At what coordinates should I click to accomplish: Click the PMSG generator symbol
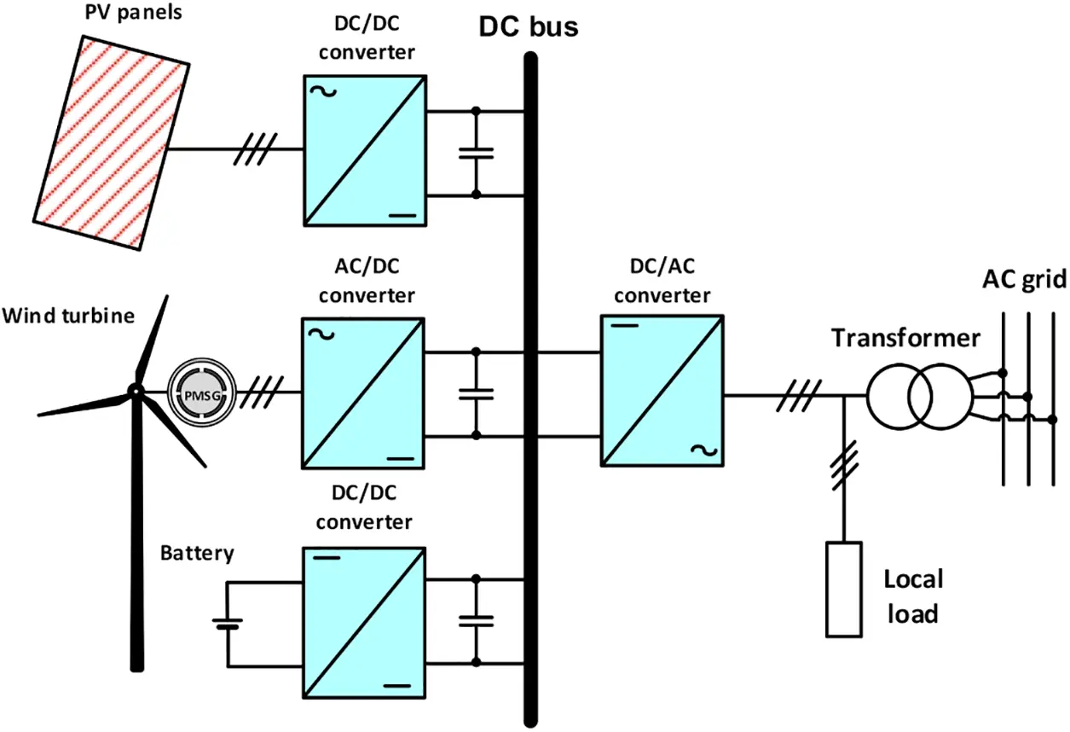click(197, 392)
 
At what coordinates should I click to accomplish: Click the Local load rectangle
click(844, 589)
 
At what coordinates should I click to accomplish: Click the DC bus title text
click(529, 26)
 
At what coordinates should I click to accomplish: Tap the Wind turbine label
click(68, 316)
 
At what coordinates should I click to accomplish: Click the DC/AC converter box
click(662, 391)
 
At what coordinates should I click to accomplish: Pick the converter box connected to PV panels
click(364, 150)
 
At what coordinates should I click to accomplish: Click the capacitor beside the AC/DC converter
click(477, 393)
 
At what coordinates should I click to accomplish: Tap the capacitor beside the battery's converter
click(477, 621)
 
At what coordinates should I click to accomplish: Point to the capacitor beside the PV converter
click(477, 154)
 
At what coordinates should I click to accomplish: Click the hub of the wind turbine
click(134, 391)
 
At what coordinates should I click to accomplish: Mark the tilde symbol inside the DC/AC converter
click(707, 449)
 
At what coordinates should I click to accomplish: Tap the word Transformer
click(905, 338)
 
